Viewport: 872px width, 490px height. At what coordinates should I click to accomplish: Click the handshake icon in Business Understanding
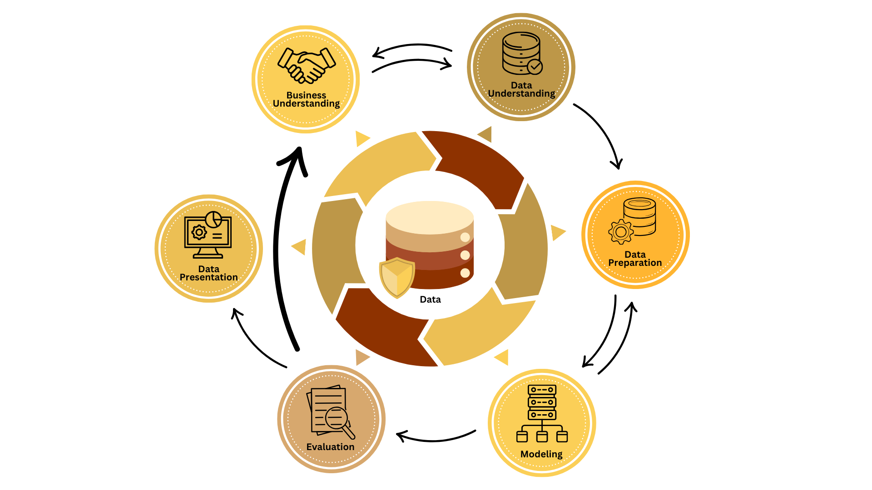307,65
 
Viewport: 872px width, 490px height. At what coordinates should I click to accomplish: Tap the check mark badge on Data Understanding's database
535,67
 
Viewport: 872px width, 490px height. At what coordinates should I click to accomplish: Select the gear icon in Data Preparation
620,232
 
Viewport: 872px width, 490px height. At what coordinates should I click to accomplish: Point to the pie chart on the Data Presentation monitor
213,220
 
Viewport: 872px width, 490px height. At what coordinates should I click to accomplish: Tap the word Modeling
541,454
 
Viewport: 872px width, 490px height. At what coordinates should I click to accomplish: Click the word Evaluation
330,447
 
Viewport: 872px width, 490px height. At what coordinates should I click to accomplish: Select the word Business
306,95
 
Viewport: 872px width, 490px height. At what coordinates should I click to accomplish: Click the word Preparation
635,263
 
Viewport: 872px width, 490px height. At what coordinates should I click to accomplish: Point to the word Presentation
208,277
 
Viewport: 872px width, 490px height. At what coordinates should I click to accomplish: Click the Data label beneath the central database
430,299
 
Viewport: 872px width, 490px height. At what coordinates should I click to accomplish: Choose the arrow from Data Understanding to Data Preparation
602,132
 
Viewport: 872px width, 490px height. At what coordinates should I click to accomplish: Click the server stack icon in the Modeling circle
542,402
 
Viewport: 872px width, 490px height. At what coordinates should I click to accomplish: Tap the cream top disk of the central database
430,217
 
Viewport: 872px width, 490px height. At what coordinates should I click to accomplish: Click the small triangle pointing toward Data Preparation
558,233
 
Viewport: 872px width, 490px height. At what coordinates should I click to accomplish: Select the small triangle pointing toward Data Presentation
299,247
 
